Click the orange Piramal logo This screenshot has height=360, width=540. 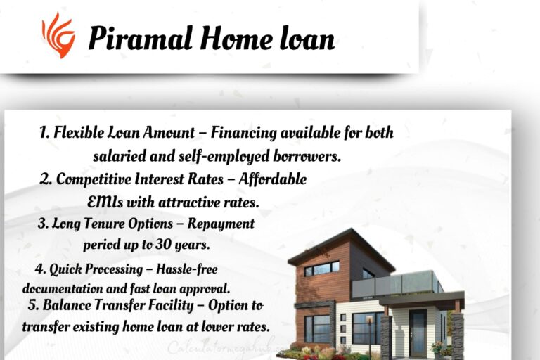pyautogui.click(x=58, y=35)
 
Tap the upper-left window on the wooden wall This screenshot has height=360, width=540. pyautogui.click(x=321, y=269)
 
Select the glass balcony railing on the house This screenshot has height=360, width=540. pyautogui.click(x=394, y=283)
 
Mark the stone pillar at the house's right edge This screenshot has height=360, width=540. pyautogui.click(x=457, y=334)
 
